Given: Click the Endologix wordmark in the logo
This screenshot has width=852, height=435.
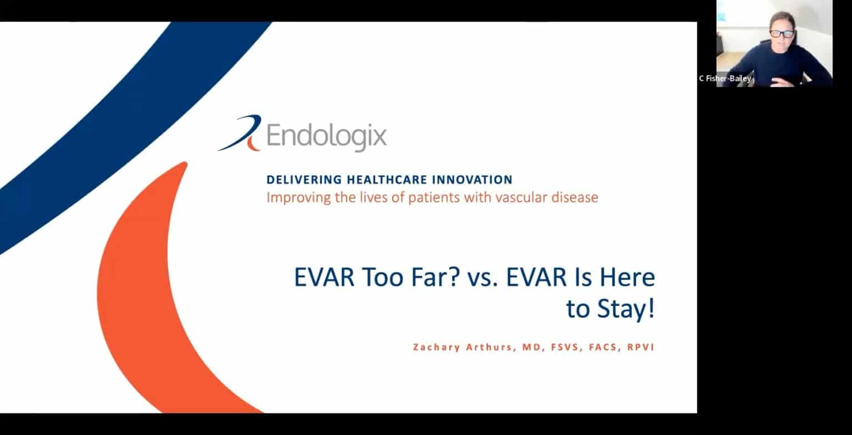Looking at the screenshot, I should [326, 136].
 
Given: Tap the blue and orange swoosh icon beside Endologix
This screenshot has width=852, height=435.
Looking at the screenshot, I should [240, 134].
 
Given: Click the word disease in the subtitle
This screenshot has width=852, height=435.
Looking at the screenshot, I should [575, 197].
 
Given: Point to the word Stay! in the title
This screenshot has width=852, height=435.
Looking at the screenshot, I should [626, 309].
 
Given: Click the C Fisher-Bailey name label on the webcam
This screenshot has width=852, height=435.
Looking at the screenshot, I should [726, 79].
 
